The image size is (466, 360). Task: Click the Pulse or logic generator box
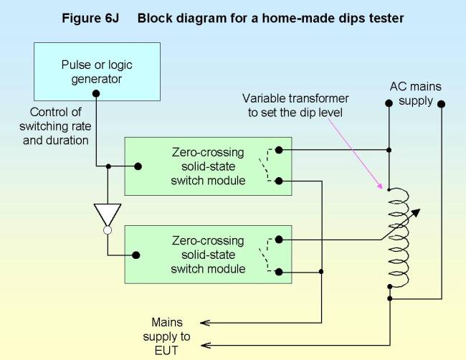coord(96,71)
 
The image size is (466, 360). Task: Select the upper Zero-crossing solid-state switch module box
coord(207,166)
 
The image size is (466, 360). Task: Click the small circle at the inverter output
coord(108,230)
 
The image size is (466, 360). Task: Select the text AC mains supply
coord(416,94)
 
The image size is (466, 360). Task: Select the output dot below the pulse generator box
coord(96,93)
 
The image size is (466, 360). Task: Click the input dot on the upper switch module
coord(138,166)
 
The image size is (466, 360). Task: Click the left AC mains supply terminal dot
coord(389,103)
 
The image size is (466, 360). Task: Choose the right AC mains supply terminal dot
coord(441,103)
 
